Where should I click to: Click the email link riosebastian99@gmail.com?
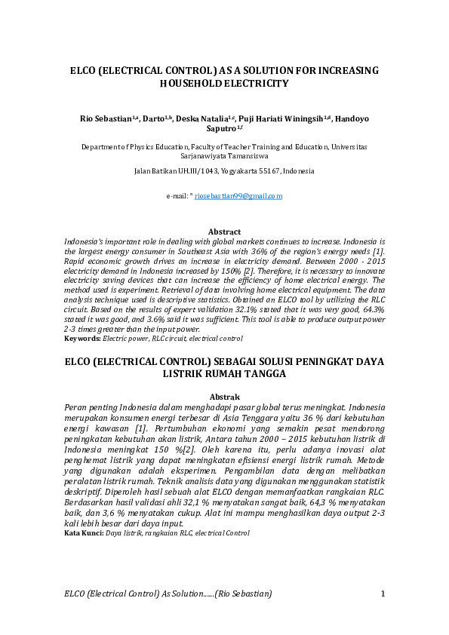click(x=238, y=196)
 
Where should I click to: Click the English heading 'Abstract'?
click(x=224, y=231)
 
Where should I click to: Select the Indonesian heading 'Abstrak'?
click(x=224, y=397)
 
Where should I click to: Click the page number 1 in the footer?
click(x=383, y=594)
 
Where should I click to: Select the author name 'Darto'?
click(x=154, y=119)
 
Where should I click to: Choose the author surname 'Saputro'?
click(x=220, y=129)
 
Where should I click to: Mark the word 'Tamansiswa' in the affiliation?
click(x=250, y=158)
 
